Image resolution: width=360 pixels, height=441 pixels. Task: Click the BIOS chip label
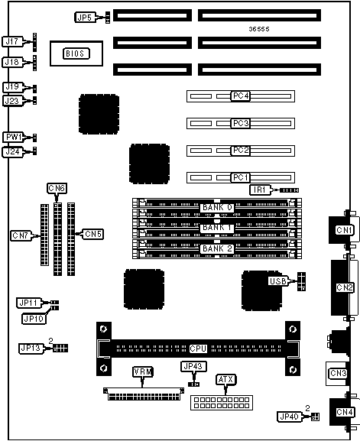(x=76, y=54)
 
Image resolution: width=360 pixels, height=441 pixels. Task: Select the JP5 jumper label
(x=85, y=18)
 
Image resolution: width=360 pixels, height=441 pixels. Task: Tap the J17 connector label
(x=12, y=41)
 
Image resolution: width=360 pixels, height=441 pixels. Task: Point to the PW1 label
(x=13, y=138)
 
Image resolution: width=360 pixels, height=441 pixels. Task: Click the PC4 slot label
(x=241, y=96)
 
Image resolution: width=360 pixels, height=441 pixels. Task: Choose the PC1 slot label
(x=241, y=178)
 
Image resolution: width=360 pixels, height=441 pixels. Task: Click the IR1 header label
(x=260, y=190)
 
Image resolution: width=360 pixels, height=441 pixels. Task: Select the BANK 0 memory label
(x=217, y=208)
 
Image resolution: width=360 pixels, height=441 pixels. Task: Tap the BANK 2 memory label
(x=217, y=248)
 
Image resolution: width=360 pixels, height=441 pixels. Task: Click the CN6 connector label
(x=57, y=188)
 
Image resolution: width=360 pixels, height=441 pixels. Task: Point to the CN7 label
(x=21, y=235)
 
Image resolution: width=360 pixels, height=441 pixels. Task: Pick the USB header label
(x=278, y=281)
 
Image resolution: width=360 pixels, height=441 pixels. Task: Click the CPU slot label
(x=198, y=349)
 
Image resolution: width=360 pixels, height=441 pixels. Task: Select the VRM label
(x=143, y=371)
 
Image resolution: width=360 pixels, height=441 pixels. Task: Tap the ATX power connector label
(x=225, y=380)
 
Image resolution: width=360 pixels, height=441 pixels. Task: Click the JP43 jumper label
(x=193, y=366)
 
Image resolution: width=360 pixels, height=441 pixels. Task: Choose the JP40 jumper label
(x=290, y=417)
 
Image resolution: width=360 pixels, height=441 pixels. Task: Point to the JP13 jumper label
(x=31, y=348)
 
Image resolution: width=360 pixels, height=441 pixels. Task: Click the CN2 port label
(x=345, y=287)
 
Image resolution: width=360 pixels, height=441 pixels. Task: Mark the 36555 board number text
(x=259, y=29)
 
